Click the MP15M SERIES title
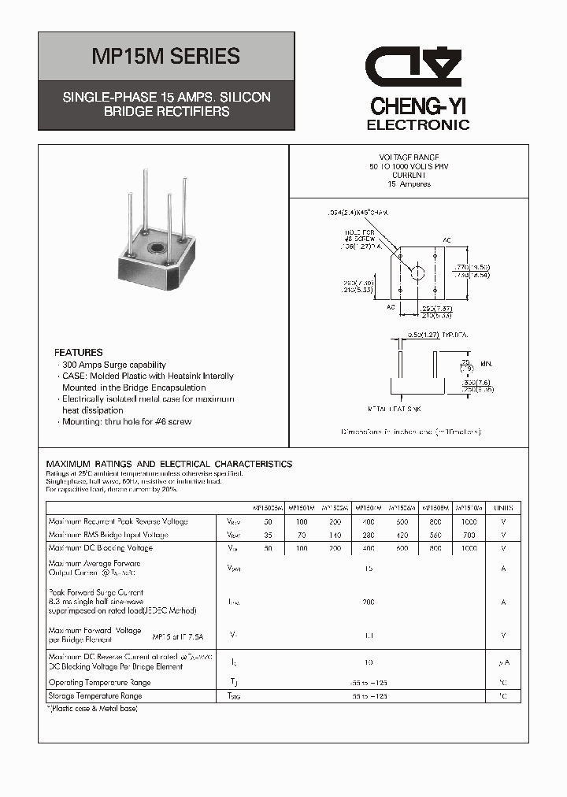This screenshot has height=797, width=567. tap(166, 57)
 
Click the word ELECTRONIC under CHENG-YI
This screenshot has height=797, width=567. tap(418, 125)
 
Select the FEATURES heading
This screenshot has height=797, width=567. tap(78, 353)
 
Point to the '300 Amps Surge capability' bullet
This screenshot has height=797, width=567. tap(113, 365)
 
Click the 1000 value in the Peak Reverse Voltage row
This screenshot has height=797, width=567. tap(469, 521)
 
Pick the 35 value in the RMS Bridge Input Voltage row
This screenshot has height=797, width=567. tap(269, 535)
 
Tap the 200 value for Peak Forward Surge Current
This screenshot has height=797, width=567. tap(369, 602)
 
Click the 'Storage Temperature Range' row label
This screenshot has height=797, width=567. tap(95, 696)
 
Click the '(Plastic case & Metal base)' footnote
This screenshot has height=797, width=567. tap(93, 710)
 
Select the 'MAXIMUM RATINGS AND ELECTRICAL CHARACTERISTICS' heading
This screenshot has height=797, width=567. tap(169, 464)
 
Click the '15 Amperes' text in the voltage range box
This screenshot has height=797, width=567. tap(409, 183)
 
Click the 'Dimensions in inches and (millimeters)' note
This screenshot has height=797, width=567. tap(410, 432)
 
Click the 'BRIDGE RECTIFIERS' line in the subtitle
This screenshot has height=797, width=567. tap(166, 112)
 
